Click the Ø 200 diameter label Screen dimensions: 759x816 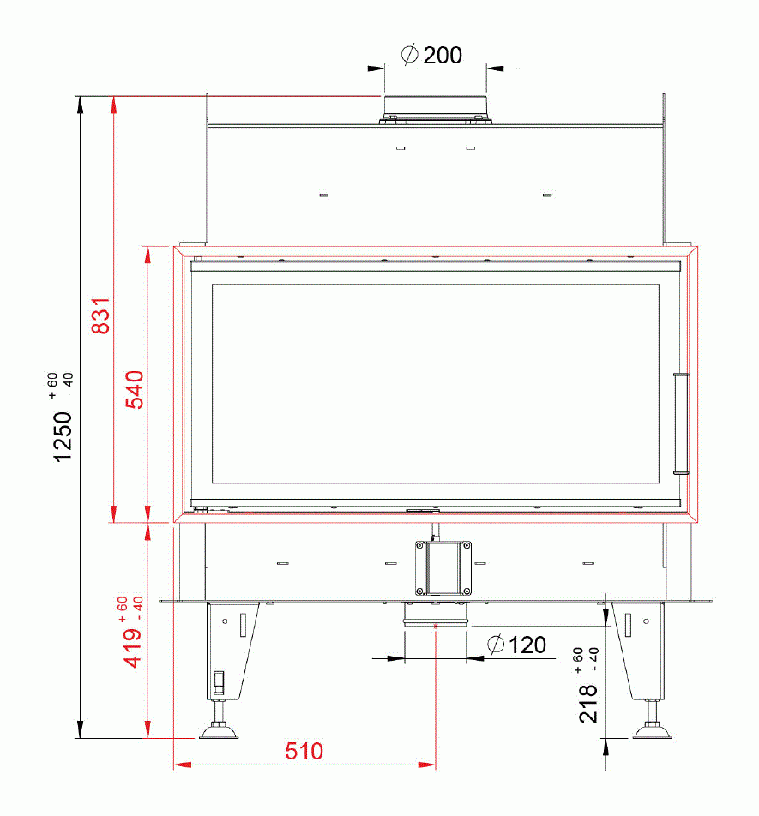pyautogui.click(x=431, y=55)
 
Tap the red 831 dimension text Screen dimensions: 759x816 pyautogui.click(x=101, y=315)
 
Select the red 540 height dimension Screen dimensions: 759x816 pyautogui.click(x=135, y=389)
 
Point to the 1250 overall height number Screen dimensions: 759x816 pyautogui.click(x=63, y=436)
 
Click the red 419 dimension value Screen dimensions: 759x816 pyautogui.click(x=132, y=647)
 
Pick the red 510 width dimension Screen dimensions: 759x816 pyautogui.click(x=304, y=751)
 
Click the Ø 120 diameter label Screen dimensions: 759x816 pyautogui.click(x=516, y=645)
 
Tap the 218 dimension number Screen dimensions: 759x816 pyautogui.click(x=588, y=704)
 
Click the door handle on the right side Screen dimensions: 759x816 pyautogui.click(x=680, y=423)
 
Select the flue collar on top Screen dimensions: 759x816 pyautogui.click(x=435, y=110)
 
